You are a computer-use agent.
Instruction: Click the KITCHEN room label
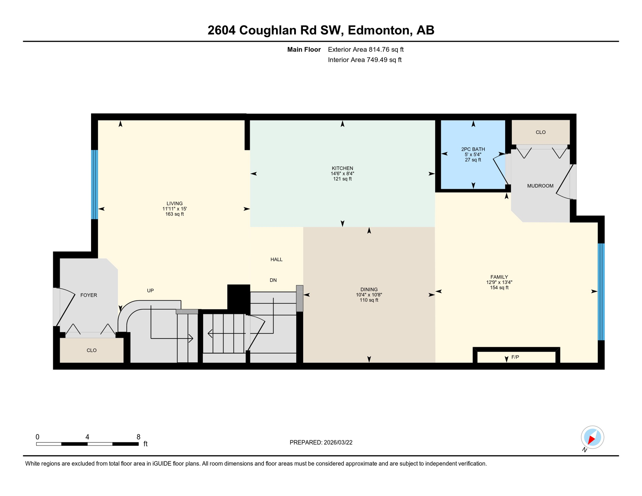point(342,168)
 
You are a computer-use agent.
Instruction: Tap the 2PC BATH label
point(473,149)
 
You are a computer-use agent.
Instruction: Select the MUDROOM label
point(540,186)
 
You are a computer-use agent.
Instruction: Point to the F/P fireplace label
point(515,357)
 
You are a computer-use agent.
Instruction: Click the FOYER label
point(88,295)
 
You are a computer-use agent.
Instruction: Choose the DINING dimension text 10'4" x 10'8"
point(369,295)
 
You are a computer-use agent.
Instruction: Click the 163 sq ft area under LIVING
point(174,214)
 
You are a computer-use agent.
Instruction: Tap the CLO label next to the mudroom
point(540,132)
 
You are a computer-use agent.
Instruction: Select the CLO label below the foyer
point(91,350)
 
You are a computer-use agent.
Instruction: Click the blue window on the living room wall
point(94,184)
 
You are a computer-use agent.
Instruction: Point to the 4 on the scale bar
point(87,437)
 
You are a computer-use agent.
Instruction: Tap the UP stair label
point(150,291)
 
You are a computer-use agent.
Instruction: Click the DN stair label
point(273,280)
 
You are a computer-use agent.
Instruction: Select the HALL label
point(276,260)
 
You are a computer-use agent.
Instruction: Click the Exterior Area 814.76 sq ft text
point(366,49)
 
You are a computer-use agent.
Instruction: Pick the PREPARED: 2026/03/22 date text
point(321,442)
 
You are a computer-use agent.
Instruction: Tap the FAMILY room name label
point(499,277)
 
